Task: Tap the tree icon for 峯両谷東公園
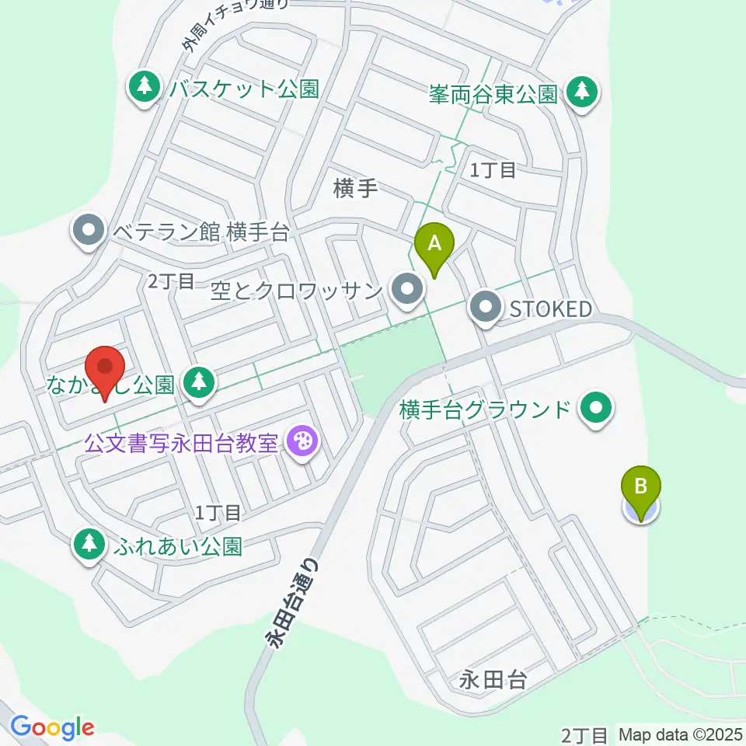[581, 93]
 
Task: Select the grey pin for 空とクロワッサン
[406, 291]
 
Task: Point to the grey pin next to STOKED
[486, 309]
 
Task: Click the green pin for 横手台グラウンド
[597, 409]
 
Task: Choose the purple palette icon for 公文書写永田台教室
[298, 444]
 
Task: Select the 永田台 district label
[493, 682]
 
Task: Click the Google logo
[52, 727]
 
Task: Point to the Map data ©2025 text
[681, 734]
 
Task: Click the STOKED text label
[550, 309]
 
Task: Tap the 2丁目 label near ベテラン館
[170, 281]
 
